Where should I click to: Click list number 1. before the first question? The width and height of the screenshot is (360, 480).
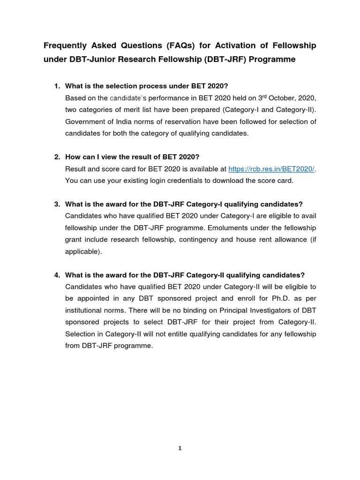(x=57, y=86)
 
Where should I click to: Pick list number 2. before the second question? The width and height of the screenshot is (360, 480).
(x=57, y=157)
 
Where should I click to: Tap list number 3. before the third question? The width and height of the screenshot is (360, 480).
(x=57, y=204)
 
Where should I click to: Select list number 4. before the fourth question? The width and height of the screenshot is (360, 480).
(x=57, y=275)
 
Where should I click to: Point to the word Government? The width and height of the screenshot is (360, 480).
(x=85, y=122)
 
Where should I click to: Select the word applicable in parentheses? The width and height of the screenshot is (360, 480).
(x=83, y=251)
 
